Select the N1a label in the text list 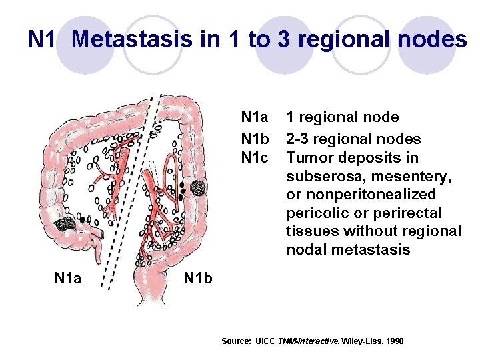pos(255,117)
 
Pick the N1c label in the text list pos(255,158)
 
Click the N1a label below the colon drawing pos(68,277)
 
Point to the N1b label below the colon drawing pos(198,277)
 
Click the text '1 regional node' pos(343,117)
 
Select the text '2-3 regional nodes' pos(353,139)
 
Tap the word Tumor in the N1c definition pos(309,158)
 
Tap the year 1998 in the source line pos(393,341)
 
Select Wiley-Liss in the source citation pos(361,341)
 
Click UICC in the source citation pos(266,341)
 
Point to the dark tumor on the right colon pos(197,189)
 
